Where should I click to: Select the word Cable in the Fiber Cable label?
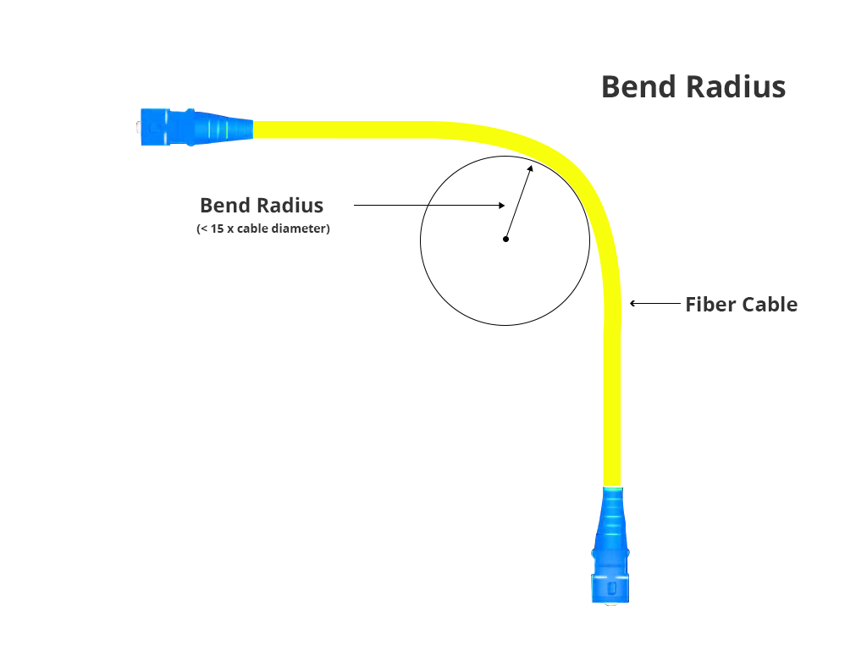click(x=770, y=305)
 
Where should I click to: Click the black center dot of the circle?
click(x=505, y=240)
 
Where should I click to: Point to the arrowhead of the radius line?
click(x=530, y=168)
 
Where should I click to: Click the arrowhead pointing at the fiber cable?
click(x=632, y=303)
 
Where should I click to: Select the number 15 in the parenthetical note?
click(x=217, y=229)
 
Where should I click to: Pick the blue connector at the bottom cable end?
click(x=610, y=576)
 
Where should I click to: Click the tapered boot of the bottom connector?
click(x=612, y=516)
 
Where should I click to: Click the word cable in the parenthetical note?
click(x=255, y=229)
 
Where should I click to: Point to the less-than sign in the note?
click(x=202, y=229)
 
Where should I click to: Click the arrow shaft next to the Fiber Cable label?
click(x=656, y=303)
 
